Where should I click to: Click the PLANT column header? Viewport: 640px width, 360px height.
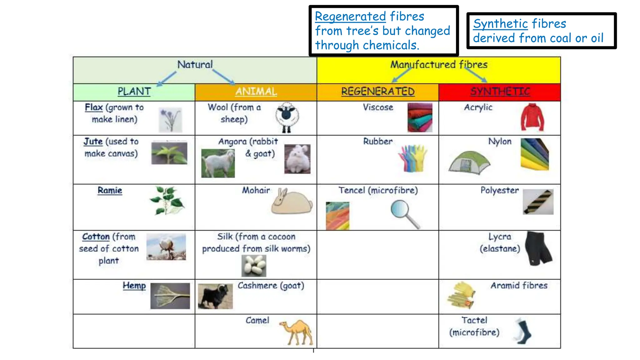tap(134, 92)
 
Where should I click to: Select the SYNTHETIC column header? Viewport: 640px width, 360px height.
tap(500, 92)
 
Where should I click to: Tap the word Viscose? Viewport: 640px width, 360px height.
tap(378, 107)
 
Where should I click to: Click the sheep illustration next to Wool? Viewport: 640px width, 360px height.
tap(287, 117)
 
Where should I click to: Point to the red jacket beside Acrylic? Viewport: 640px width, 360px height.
tap(532, 117)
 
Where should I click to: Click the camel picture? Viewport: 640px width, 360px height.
tap(297, 332)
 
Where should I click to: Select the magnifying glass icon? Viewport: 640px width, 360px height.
tap(404, 214)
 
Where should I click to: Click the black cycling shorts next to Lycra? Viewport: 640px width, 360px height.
tap(538, 248)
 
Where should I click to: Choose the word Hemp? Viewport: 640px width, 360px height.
tap(134, 286)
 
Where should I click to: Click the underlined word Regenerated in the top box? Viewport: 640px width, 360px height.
tap(350, 16)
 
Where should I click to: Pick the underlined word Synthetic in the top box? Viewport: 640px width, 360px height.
tap(500, 24)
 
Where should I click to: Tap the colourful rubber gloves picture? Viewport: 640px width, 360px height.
tap(412, 158)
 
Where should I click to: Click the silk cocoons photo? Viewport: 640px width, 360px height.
tap(254, 266)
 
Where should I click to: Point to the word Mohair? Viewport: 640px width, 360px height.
tap(256, 190)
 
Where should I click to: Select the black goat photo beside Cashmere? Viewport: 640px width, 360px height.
tap(215, 296)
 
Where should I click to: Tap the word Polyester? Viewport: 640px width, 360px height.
tap(499, 190)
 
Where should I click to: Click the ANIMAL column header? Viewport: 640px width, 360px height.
tap(256, 92)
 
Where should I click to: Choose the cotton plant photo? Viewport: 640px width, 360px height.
tap(166, 247)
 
